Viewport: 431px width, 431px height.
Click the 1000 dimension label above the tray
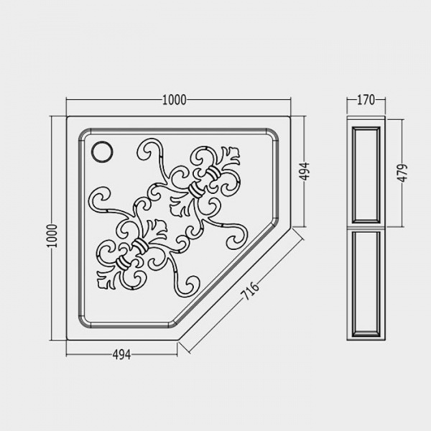coord(175,100)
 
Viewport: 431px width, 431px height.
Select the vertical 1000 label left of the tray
coord(52,236)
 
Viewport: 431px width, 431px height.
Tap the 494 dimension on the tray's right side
coord(305,172)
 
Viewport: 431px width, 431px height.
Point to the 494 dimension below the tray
coord(122,355)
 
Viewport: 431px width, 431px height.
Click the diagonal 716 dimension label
coord(250,291)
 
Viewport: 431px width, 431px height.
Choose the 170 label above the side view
coord(366,100)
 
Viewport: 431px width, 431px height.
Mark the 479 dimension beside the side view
coord(402,173)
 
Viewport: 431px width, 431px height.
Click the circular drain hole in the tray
coord(102,151)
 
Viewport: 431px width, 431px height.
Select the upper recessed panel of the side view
coord(366,175)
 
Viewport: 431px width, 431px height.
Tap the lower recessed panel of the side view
coord(366,284)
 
